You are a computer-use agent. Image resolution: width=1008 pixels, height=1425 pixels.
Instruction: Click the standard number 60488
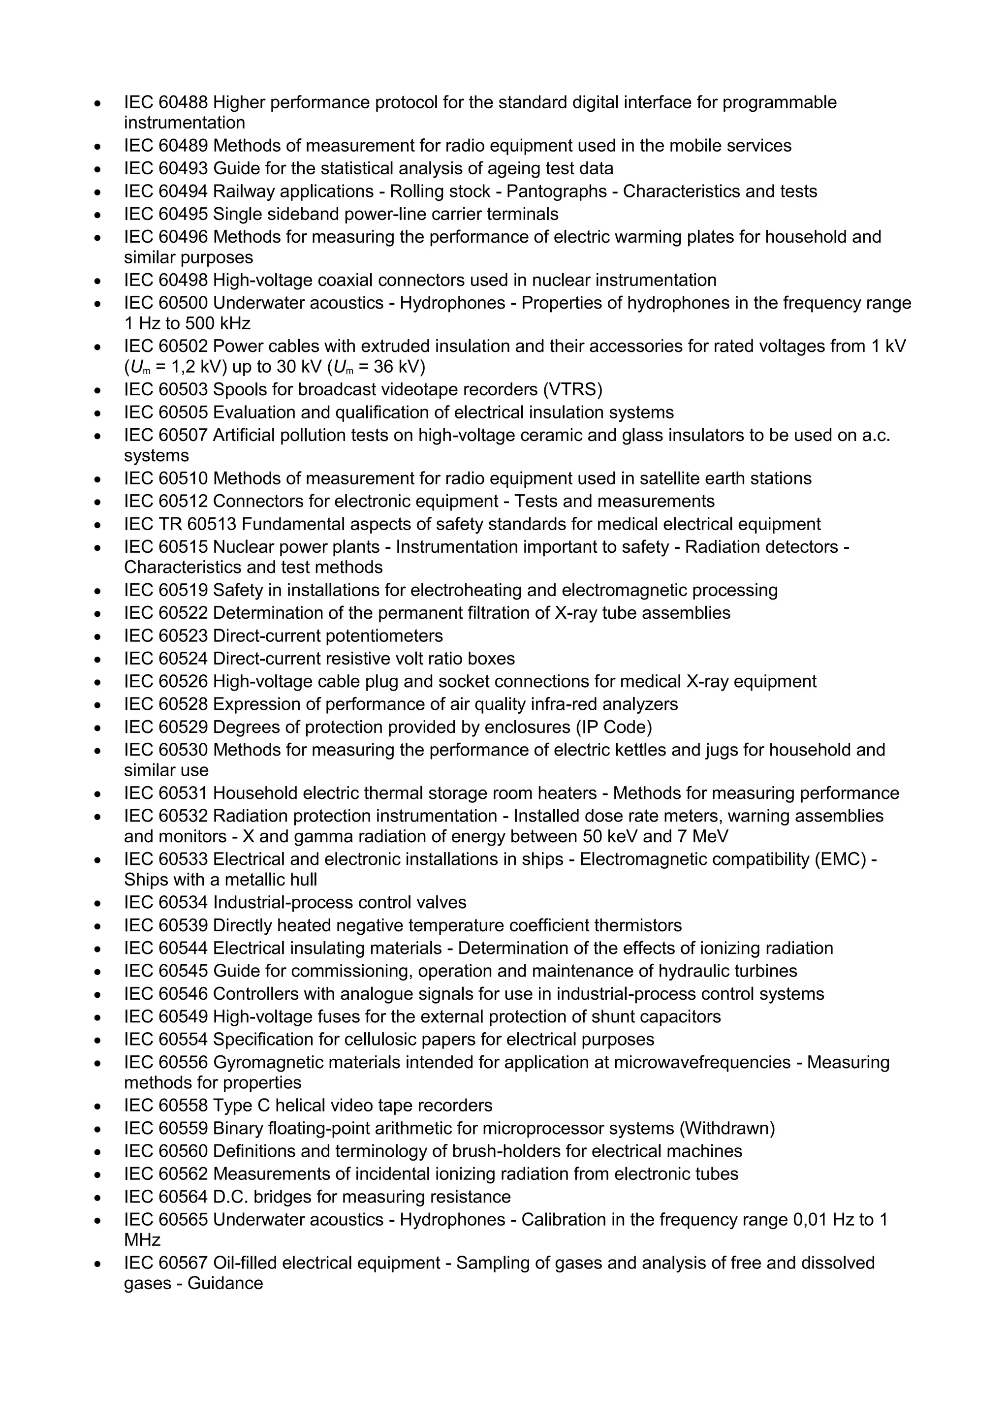183,102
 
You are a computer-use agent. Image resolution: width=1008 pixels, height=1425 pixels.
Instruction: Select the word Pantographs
556,191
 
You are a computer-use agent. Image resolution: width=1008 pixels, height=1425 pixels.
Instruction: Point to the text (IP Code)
614,727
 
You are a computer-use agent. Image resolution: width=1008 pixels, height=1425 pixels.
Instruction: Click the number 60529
183,727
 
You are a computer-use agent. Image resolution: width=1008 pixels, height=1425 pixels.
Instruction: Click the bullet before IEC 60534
97,903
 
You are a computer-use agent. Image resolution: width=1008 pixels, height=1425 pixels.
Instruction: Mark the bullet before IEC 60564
97,1197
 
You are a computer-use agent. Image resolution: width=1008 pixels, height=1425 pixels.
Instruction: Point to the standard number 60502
183,347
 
